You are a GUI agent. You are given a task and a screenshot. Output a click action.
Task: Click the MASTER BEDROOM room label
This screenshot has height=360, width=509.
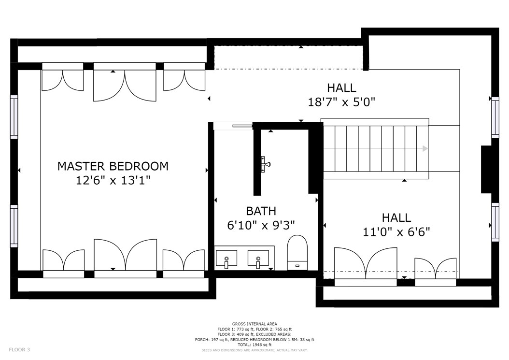(113, 166)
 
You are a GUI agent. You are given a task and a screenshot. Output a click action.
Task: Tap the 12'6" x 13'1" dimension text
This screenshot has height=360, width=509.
(113, 180)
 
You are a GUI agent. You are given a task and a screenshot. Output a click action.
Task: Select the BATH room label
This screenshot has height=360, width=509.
(261, 211)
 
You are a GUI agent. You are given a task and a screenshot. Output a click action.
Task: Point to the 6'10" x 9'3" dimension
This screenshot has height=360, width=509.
(261, 225)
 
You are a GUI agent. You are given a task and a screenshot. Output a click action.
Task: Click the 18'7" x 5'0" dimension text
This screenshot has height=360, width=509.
(341, 102)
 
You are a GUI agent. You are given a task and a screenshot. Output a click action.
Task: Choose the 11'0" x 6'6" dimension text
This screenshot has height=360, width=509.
(396, 231)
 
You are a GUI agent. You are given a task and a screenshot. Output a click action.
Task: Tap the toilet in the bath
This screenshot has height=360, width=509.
(297, 252)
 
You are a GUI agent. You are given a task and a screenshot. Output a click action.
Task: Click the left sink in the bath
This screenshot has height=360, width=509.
(226, 259)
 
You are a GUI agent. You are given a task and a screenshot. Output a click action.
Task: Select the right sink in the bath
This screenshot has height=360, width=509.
(258, 259)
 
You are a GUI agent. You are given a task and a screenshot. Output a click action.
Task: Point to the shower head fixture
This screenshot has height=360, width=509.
(266, 163)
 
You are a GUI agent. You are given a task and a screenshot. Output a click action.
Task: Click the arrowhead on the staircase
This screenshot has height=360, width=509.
(425, 149)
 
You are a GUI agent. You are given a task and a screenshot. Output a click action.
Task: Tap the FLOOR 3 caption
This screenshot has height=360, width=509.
(19, 350)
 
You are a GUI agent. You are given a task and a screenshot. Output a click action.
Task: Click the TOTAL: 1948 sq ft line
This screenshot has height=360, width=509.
(254, 345)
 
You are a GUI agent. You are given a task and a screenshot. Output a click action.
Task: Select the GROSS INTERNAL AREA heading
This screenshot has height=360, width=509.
(254, 324)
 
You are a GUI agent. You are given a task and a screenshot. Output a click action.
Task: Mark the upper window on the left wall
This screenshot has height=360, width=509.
(14, 117)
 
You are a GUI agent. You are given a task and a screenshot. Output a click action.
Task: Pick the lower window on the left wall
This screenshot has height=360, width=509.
(14, 226)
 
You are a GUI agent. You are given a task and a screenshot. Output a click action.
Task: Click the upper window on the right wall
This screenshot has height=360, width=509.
(495, 117)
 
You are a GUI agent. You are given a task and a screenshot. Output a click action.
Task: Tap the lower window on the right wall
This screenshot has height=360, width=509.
(495, 222)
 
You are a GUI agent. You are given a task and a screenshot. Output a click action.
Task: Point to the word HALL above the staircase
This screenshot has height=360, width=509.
(341, 88)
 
